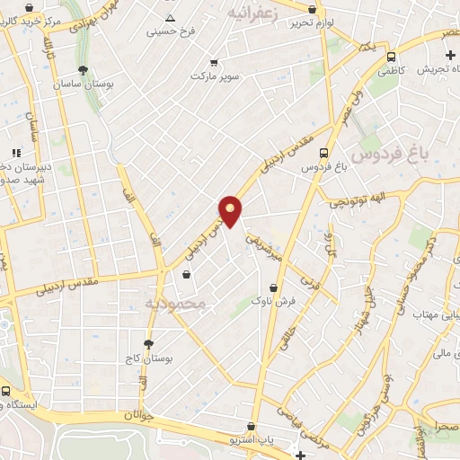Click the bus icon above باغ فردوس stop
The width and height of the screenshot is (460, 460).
click(323, 153)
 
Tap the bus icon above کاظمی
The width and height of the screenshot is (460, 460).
click(391, 56)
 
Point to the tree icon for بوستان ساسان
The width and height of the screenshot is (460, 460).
click(84, 70)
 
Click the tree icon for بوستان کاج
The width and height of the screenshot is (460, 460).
click(148, 343)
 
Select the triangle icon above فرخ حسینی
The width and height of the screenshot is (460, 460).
click(171, 17)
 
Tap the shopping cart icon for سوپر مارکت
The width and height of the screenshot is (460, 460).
click(214, 63)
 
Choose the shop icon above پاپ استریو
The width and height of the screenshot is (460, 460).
click(252, 427)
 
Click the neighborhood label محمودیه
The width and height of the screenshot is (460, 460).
click(176, 304)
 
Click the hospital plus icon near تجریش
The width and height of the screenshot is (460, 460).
click(449, 56)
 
